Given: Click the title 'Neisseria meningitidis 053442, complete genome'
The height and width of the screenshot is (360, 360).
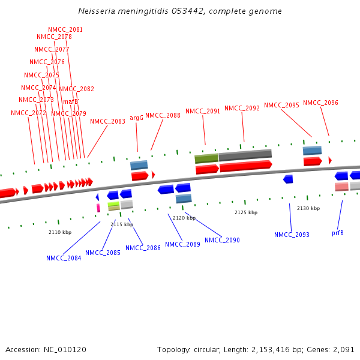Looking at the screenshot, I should coord(180,11).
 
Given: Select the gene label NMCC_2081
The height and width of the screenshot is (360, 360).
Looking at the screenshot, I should coord(65,29).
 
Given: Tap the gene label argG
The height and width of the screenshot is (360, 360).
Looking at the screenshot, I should coord(137,118).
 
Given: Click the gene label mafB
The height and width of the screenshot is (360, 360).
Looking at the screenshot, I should coord(71,101).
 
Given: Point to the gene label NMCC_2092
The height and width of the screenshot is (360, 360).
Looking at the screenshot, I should coord(242,109).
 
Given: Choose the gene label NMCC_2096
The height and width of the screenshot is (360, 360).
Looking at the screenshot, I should coord(320,103).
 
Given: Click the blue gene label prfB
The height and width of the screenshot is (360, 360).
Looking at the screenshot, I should coord(338,233).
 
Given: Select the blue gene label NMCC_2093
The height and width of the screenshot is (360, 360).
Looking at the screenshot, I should coord(292,235).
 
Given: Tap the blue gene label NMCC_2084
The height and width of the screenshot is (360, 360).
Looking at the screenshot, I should coord(64,259).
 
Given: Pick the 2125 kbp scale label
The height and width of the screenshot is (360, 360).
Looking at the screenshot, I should coord(246,212).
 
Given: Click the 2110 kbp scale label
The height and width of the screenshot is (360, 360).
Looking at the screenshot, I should coord(60,232).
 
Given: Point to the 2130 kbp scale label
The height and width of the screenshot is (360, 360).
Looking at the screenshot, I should coord(308,208).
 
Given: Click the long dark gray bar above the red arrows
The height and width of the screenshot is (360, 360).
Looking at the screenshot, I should coord(245,155).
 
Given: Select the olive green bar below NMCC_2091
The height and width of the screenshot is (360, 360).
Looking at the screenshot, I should coord(206,158).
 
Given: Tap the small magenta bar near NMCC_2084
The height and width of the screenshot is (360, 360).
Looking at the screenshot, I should coord(98,208).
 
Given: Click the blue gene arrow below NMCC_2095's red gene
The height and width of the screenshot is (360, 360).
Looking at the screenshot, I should coord(288,179).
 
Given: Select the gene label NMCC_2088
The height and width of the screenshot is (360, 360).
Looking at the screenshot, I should coord(163,115).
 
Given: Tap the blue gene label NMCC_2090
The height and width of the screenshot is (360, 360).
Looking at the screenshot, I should coord(222,240).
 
